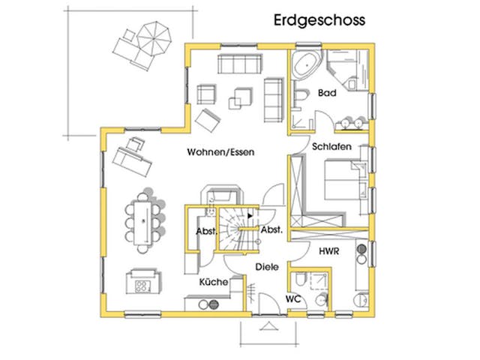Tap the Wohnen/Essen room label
click(x=221, y=152)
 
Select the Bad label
click(x=326, y=94)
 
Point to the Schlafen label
click(x=332, y=148)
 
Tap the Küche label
click(x=212, y=283)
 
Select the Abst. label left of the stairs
click(x=206, y=231)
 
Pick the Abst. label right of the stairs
click(x=271, y=230)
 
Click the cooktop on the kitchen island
click(x=140, y=283)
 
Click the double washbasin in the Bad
click(x=350, y=121)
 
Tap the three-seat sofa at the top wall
click(x=239, y=61)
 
